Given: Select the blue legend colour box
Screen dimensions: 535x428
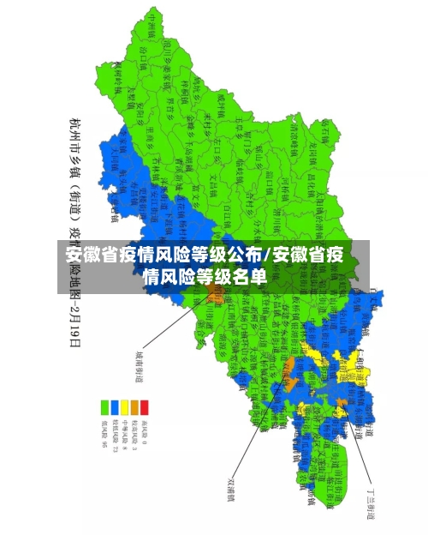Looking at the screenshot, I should tap(116, 406).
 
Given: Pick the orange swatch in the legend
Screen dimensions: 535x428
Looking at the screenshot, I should tap(135, 406).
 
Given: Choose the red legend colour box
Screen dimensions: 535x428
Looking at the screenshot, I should tap(145, 406).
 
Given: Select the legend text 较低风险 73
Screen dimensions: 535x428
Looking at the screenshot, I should tap(116, 432).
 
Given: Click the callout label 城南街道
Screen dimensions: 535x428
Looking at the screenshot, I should tap(139, 364).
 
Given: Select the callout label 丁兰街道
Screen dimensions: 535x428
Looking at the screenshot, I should tap(370, 501).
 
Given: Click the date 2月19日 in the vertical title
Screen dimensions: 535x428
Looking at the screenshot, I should tap(75, 322).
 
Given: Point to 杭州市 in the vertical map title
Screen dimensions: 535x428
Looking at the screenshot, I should tap(75, 137).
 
